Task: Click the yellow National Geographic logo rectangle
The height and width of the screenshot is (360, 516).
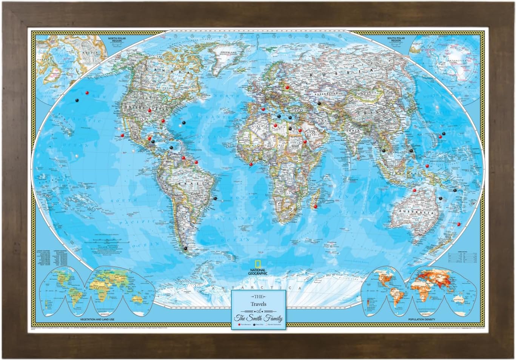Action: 258,264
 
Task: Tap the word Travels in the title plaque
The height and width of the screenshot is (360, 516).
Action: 258,304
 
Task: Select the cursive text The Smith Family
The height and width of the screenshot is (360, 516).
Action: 258,318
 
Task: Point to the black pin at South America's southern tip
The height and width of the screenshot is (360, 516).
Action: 185,248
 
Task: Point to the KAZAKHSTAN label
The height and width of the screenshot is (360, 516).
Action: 329,92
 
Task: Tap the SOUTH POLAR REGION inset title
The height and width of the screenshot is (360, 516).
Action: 396,39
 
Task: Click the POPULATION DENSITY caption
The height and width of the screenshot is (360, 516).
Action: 421,320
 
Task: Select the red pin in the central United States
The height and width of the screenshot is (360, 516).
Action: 149,110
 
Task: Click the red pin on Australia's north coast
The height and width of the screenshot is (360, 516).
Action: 414,190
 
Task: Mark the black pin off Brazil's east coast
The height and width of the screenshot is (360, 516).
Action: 215,198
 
